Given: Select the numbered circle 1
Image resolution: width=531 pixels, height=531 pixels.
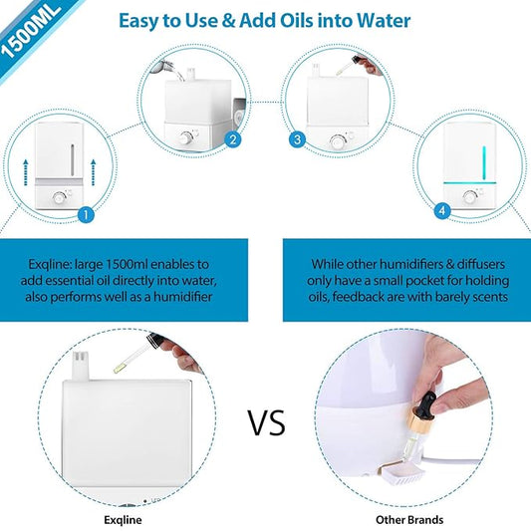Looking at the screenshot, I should [85, 212].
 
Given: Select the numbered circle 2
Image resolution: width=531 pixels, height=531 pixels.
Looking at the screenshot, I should [232, 139].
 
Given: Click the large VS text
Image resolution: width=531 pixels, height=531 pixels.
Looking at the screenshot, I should [266, 422].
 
